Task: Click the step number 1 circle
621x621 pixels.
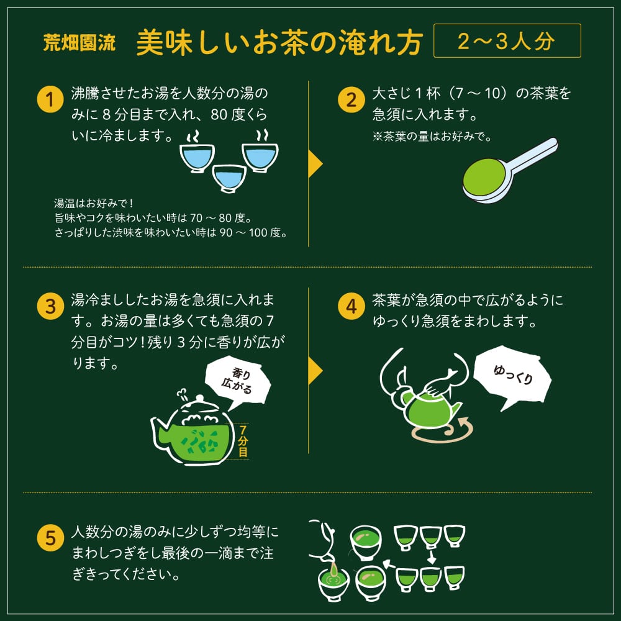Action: tap(50, 99)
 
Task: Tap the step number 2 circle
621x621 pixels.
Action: tap(351, 99)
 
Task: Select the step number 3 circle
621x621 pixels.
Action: tap(50, 306)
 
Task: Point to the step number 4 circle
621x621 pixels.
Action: tap(351, 306)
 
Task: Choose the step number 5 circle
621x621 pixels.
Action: tap(50, 537)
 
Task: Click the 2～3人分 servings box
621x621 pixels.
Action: tap(507, 41)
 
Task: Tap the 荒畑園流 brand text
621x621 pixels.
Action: tap(79, 42)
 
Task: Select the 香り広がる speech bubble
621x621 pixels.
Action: tap(238, 381)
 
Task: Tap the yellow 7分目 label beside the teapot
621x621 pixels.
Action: tap(243, 440)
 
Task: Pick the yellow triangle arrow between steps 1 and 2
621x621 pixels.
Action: tap(315, 163)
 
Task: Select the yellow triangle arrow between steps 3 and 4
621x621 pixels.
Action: tap(315, 370)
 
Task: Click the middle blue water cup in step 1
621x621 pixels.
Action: tap(229, 178)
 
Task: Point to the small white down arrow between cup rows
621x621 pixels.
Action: tap(432, 556)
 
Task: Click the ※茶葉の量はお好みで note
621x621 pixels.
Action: tap(432, 137)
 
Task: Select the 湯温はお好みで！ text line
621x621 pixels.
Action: tap(94, 203)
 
